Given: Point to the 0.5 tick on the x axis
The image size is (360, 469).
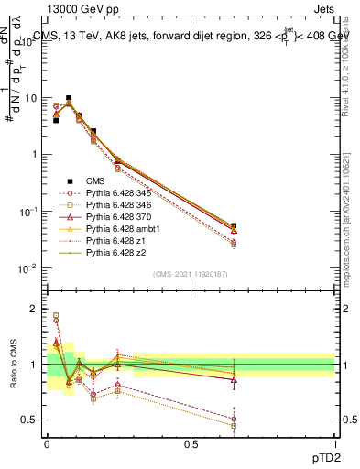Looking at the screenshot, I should [x=191, y=444].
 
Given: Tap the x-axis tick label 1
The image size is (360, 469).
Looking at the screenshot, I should [x=335, y=444].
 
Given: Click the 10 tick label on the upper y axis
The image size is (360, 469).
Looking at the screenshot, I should [x=32, y=98].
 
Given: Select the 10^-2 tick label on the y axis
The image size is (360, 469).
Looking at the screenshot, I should [x=30, y=268].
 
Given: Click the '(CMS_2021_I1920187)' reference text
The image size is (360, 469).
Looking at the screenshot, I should [x=191, y=274].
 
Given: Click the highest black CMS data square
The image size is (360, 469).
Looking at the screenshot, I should [x=69, y=98].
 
